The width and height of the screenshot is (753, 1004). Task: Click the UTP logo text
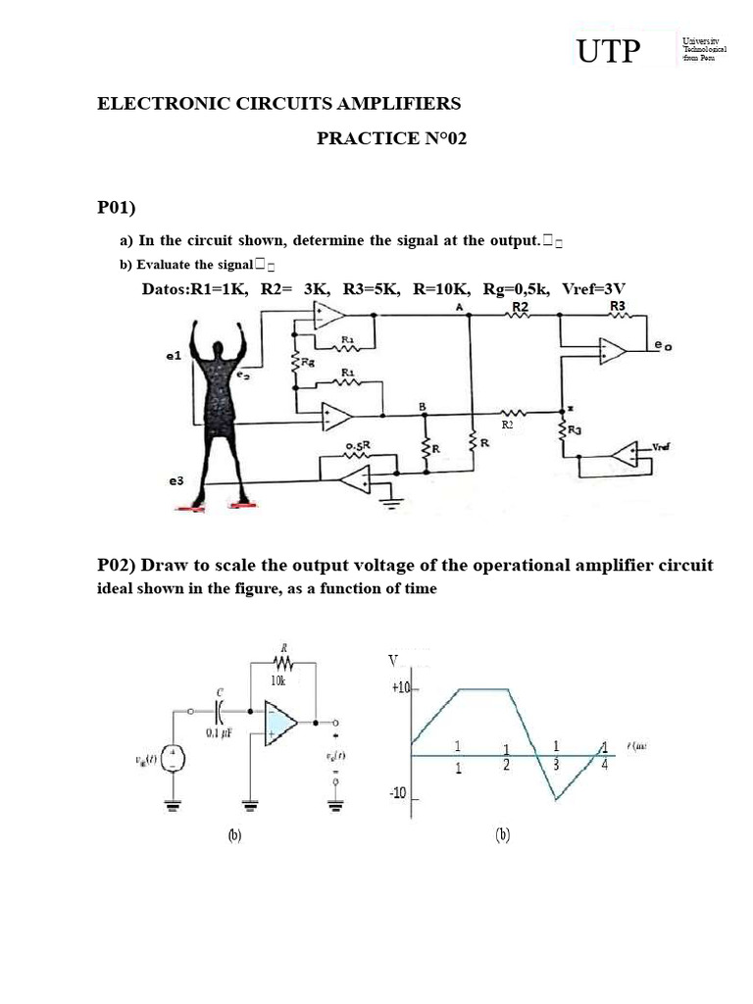(608, 52)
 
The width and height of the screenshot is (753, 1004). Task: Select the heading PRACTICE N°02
(391, 138)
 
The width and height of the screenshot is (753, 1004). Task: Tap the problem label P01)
(116, 207)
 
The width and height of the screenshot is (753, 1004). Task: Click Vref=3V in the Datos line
(593, 288)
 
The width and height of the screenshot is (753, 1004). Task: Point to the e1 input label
(175, 358)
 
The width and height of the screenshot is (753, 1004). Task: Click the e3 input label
(175, 481)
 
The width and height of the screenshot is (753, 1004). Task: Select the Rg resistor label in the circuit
(308, 362)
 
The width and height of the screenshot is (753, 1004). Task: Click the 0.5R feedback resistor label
(356, 446)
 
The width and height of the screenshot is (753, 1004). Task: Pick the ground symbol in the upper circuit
(397, 507)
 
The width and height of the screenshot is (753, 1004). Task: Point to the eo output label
(665, 345)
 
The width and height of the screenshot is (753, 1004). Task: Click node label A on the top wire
(459, 307)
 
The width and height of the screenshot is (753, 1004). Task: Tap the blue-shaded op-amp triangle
(280, 723)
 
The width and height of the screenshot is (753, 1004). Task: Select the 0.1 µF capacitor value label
(220, 732)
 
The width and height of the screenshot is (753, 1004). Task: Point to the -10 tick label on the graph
(398, 792)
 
